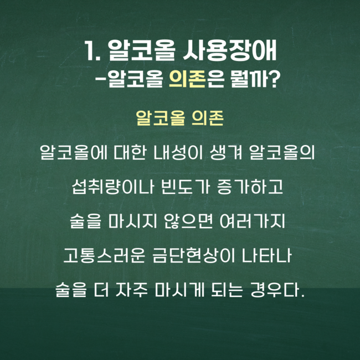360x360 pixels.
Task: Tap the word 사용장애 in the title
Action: coord(230,51)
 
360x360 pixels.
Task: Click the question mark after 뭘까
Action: coord(272,79)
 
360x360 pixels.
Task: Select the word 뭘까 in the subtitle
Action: coord(249,79)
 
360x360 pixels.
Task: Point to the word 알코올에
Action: coord(74,152)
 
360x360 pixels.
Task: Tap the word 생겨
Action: coord(226,152)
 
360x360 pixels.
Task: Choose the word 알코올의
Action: coord(282,152)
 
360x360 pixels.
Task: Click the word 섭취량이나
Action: coord(112,187)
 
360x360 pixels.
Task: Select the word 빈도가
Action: coord(186,187)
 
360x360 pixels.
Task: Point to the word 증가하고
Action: coord(250,187)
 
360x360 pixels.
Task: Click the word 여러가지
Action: coord(253,222)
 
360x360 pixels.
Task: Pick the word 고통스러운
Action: coord(104,256)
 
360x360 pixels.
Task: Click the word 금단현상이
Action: coord(194,256)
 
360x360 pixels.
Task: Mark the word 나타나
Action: coord(267,256)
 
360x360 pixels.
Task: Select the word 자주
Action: coord(132,290)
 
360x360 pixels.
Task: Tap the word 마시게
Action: coord(179,290)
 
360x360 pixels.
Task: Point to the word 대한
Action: coord(130,152)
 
